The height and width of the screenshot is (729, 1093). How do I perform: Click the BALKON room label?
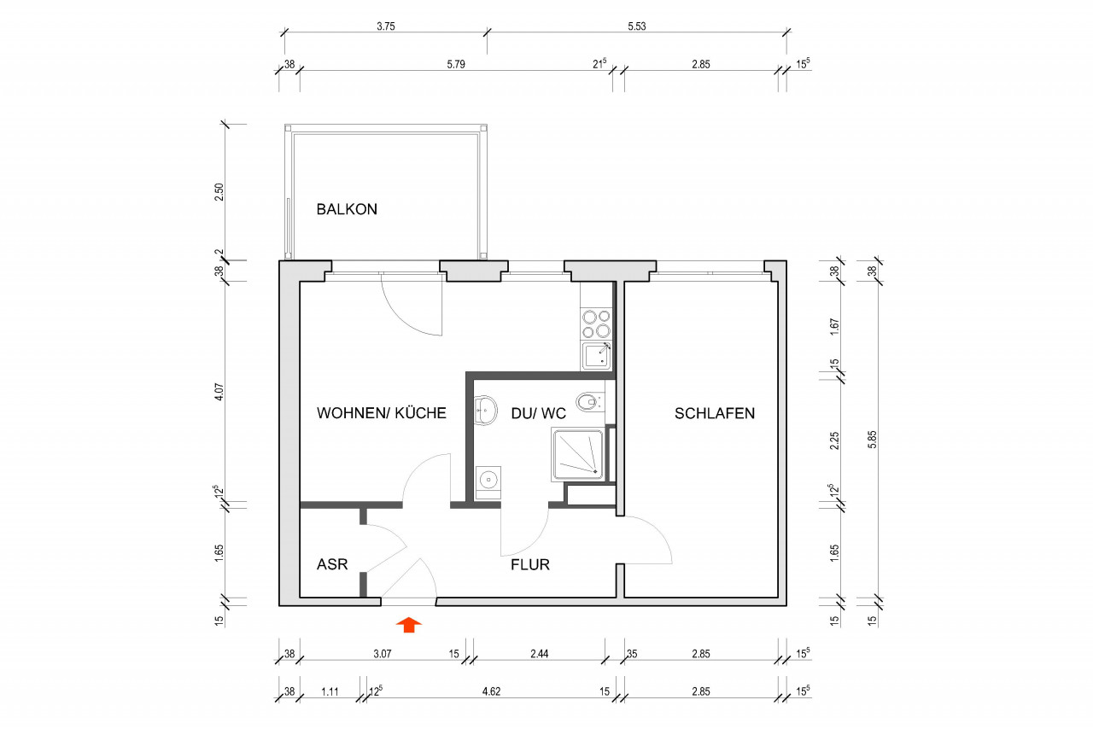347,209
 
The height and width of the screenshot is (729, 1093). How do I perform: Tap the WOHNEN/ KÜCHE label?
381,413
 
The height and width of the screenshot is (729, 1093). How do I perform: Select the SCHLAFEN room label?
715,413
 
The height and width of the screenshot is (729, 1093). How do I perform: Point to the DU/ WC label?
538,413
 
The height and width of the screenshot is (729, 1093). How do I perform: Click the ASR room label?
331,564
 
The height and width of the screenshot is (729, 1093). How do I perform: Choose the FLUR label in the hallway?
529,564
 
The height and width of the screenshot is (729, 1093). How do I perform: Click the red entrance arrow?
410,625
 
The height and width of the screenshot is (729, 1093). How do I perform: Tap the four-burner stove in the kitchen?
596,324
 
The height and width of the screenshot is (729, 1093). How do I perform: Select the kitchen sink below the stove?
597,355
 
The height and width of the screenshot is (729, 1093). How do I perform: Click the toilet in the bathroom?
588,401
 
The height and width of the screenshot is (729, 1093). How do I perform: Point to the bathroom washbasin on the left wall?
484,410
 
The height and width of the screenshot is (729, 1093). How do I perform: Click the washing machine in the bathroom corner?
488,480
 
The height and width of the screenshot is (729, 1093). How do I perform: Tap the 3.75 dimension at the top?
386,26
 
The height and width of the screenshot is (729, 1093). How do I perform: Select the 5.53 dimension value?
636,26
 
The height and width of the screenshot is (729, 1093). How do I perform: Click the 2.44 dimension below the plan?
539,654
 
